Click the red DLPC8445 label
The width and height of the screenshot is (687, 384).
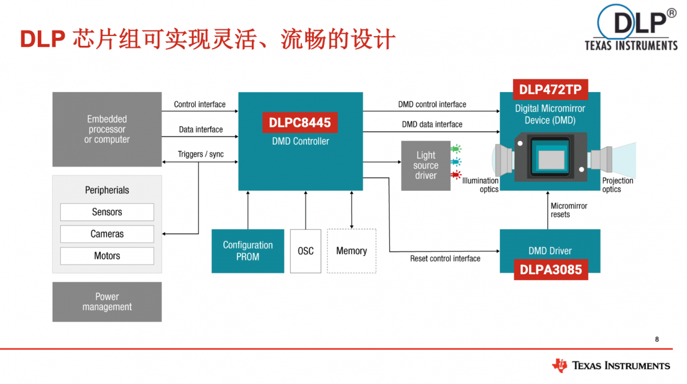pyautogui.click(x=300, y=123)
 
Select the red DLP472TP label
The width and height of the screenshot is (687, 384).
pyautogui.click(x=550, y=90)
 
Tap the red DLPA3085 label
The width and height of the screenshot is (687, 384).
pyautogui.click(x=550, y=269)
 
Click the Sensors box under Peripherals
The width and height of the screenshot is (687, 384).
pyautogui.click(x=107, y=212)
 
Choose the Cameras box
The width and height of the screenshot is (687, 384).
pyautogui.click(x=107, y=234)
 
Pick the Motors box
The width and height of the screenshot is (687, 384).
pyautogui.click(x=107, y=256)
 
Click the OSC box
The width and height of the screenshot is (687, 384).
pyautogui.click(x=306, y=251)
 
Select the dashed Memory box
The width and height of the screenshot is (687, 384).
pyautogui.click(x=352, y=251)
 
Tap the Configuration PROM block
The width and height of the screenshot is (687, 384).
pyautogui.click(x=248, y=251)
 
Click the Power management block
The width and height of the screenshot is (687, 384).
pyautogui.click(x=107, y=302)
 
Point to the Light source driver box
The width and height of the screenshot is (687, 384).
pyautogui.click(x=425, y=165)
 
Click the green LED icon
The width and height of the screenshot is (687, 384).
pyautogui.click(x=456, y=149)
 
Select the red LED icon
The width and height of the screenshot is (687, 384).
pyautogui.click(x=456, y=174)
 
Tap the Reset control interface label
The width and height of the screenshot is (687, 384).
pyautogui.click(x=445, y=259)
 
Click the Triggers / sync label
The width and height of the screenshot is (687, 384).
pyautogui.click(x=200, y=154)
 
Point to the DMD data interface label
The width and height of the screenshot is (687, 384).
pyautogui.click(x=432, y=124)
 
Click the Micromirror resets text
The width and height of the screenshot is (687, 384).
pyautogui.click(x=568, y=210)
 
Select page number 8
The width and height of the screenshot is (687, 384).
pyautogui.click(x=657, y=339)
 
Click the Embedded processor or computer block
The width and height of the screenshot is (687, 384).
pyautogui.click(x=107, y=129)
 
